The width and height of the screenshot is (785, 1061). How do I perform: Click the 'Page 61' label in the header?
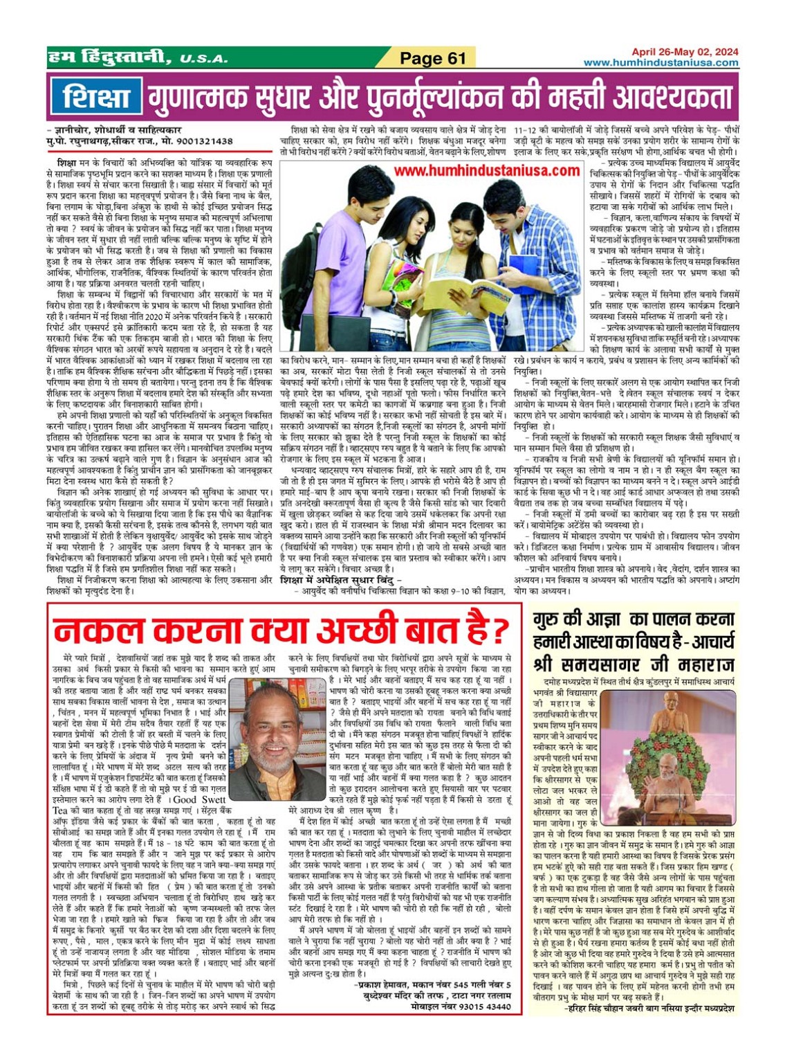point(433,58)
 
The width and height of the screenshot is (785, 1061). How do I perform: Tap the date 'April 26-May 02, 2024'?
point(684,52)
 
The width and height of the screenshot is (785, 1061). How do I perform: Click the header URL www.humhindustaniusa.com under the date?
point(661,62)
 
